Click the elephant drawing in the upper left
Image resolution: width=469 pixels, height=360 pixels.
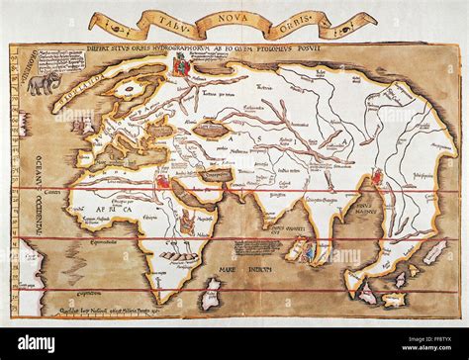pyautogui.click(x=44, y=84)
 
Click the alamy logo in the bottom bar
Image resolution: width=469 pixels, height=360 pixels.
pyautogui.click(x=50, y=343)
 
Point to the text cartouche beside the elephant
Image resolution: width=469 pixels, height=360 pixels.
pyautogui.click(x=82, y=74)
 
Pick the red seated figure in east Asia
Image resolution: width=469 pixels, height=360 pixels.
pyautogui.click(x=377, y=179)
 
